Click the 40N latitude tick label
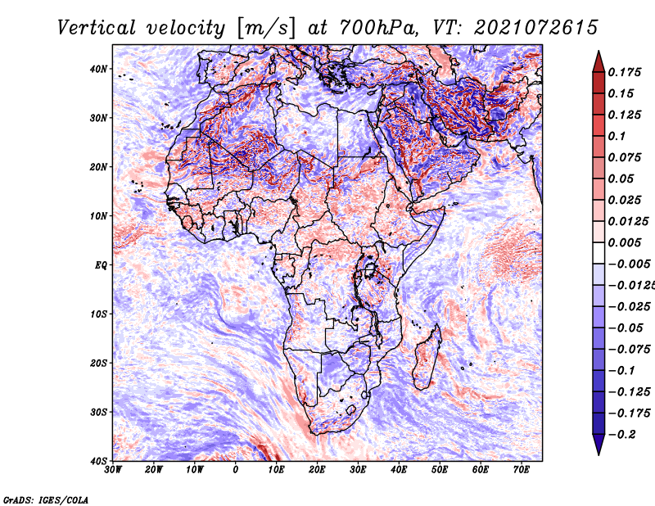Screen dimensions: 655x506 click(98, 69)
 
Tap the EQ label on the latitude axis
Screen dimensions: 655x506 click(101, 265)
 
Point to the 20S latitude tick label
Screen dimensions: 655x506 click(98, 363)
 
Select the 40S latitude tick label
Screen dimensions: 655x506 click(98, 461)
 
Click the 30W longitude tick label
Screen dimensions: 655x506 click(113, 470)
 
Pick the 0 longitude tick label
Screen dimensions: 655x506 click(236, 470)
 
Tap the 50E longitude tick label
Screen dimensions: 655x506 click(440, 470)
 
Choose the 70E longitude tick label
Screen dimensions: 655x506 click(522, 470)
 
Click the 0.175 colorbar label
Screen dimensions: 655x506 click(625, 72)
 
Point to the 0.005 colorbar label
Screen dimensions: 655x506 click(625, 242)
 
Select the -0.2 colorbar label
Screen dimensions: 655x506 click(621, 434)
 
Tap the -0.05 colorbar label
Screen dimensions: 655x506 click(626, 328)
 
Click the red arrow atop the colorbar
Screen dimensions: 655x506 click(599, 62)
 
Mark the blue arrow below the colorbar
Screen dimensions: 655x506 click(599, 444)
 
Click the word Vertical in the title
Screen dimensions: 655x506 click(96, 28)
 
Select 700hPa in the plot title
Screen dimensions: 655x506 click(379, 28)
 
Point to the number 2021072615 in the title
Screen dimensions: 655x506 click(535, 28)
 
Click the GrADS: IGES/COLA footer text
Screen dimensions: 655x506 click(46, 499)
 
